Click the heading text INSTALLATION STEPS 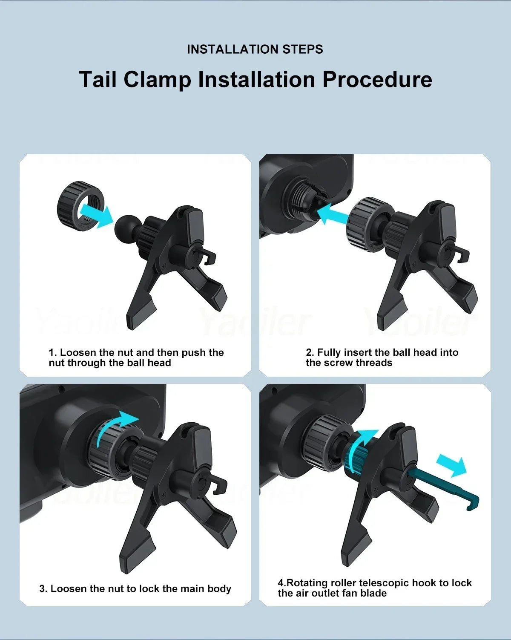(255, 49)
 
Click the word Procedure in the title (377, 80)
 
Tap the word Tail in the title (98, 80)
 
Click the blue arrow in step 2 (333, 213)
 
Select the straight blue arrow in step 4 (451, 465)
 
